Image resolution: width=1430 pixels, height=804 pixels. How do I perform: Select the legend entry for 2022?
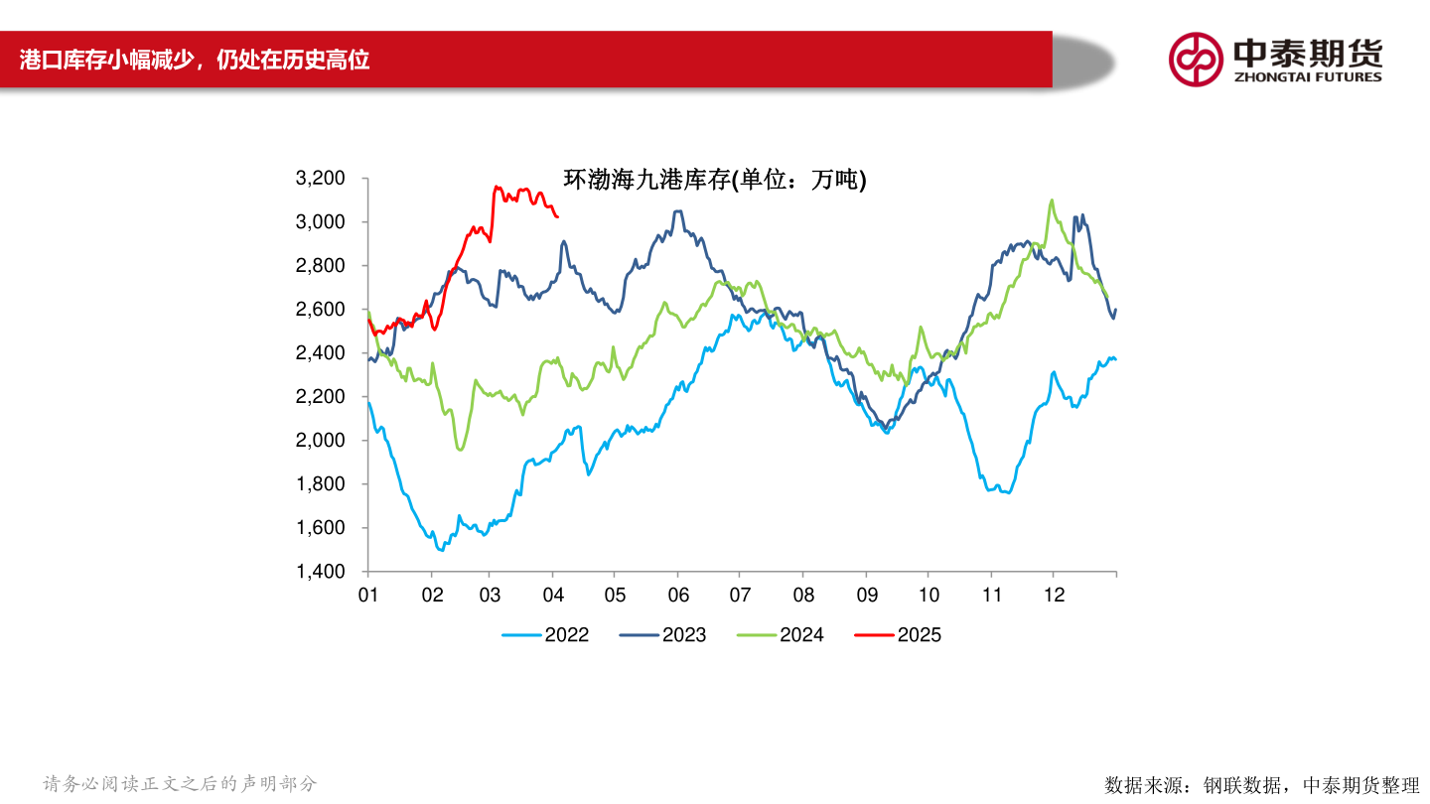[x=566, y=635]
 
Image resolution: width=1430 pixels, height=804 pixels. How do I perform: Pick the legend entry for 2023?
[x=683, y=635]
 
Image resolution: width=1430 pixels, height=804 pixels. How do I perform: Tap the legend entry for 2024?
[x=801, y=635]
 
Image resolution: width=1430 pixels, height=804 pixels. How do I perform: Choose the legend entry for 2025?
[x=919, y=635]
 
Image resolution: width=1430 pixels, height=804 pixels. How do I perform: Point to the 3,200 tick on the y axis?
[x=320, y=179]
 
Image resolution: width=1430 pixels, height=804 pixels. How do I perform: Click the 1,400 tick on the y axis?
[x=320, y=572]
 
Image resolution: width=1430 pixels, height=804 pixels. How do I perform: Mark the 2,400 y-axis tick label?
[x=320, y=353]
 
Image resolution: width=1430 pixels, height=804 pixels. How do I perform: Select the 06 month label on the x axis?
[x=677, y=595]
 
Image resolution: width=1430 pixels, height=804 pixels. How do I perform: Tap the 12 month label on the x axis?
[x=1055, y=595]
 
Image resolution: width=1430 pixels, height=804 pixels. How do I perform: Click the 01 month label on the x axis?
[x=367, y=595]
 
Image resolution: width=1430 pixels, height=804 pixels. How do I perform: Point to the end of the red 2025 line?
[x=557, y=216]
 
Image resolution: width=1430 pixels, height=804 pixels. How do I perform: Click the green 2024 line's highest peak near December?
[x=1052, y=201]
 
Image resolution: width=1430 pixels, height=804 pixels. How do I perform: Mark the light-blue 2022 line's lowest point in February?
[x=440, y=549]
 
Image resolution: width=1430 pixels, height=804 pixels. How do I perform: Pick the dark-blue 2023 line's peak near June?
[x=677, y=211]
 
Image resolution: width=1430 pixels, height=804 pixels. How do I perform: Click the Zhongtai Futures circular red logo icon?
[x=1195, y=60]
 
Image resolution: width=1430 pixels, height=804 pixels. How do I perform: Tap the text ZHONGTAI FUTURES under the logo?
[x=1307, y=76]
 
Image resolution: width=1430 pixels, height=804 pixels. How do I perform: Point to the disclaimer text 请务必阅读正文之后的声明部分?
[x=180, y=784]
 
